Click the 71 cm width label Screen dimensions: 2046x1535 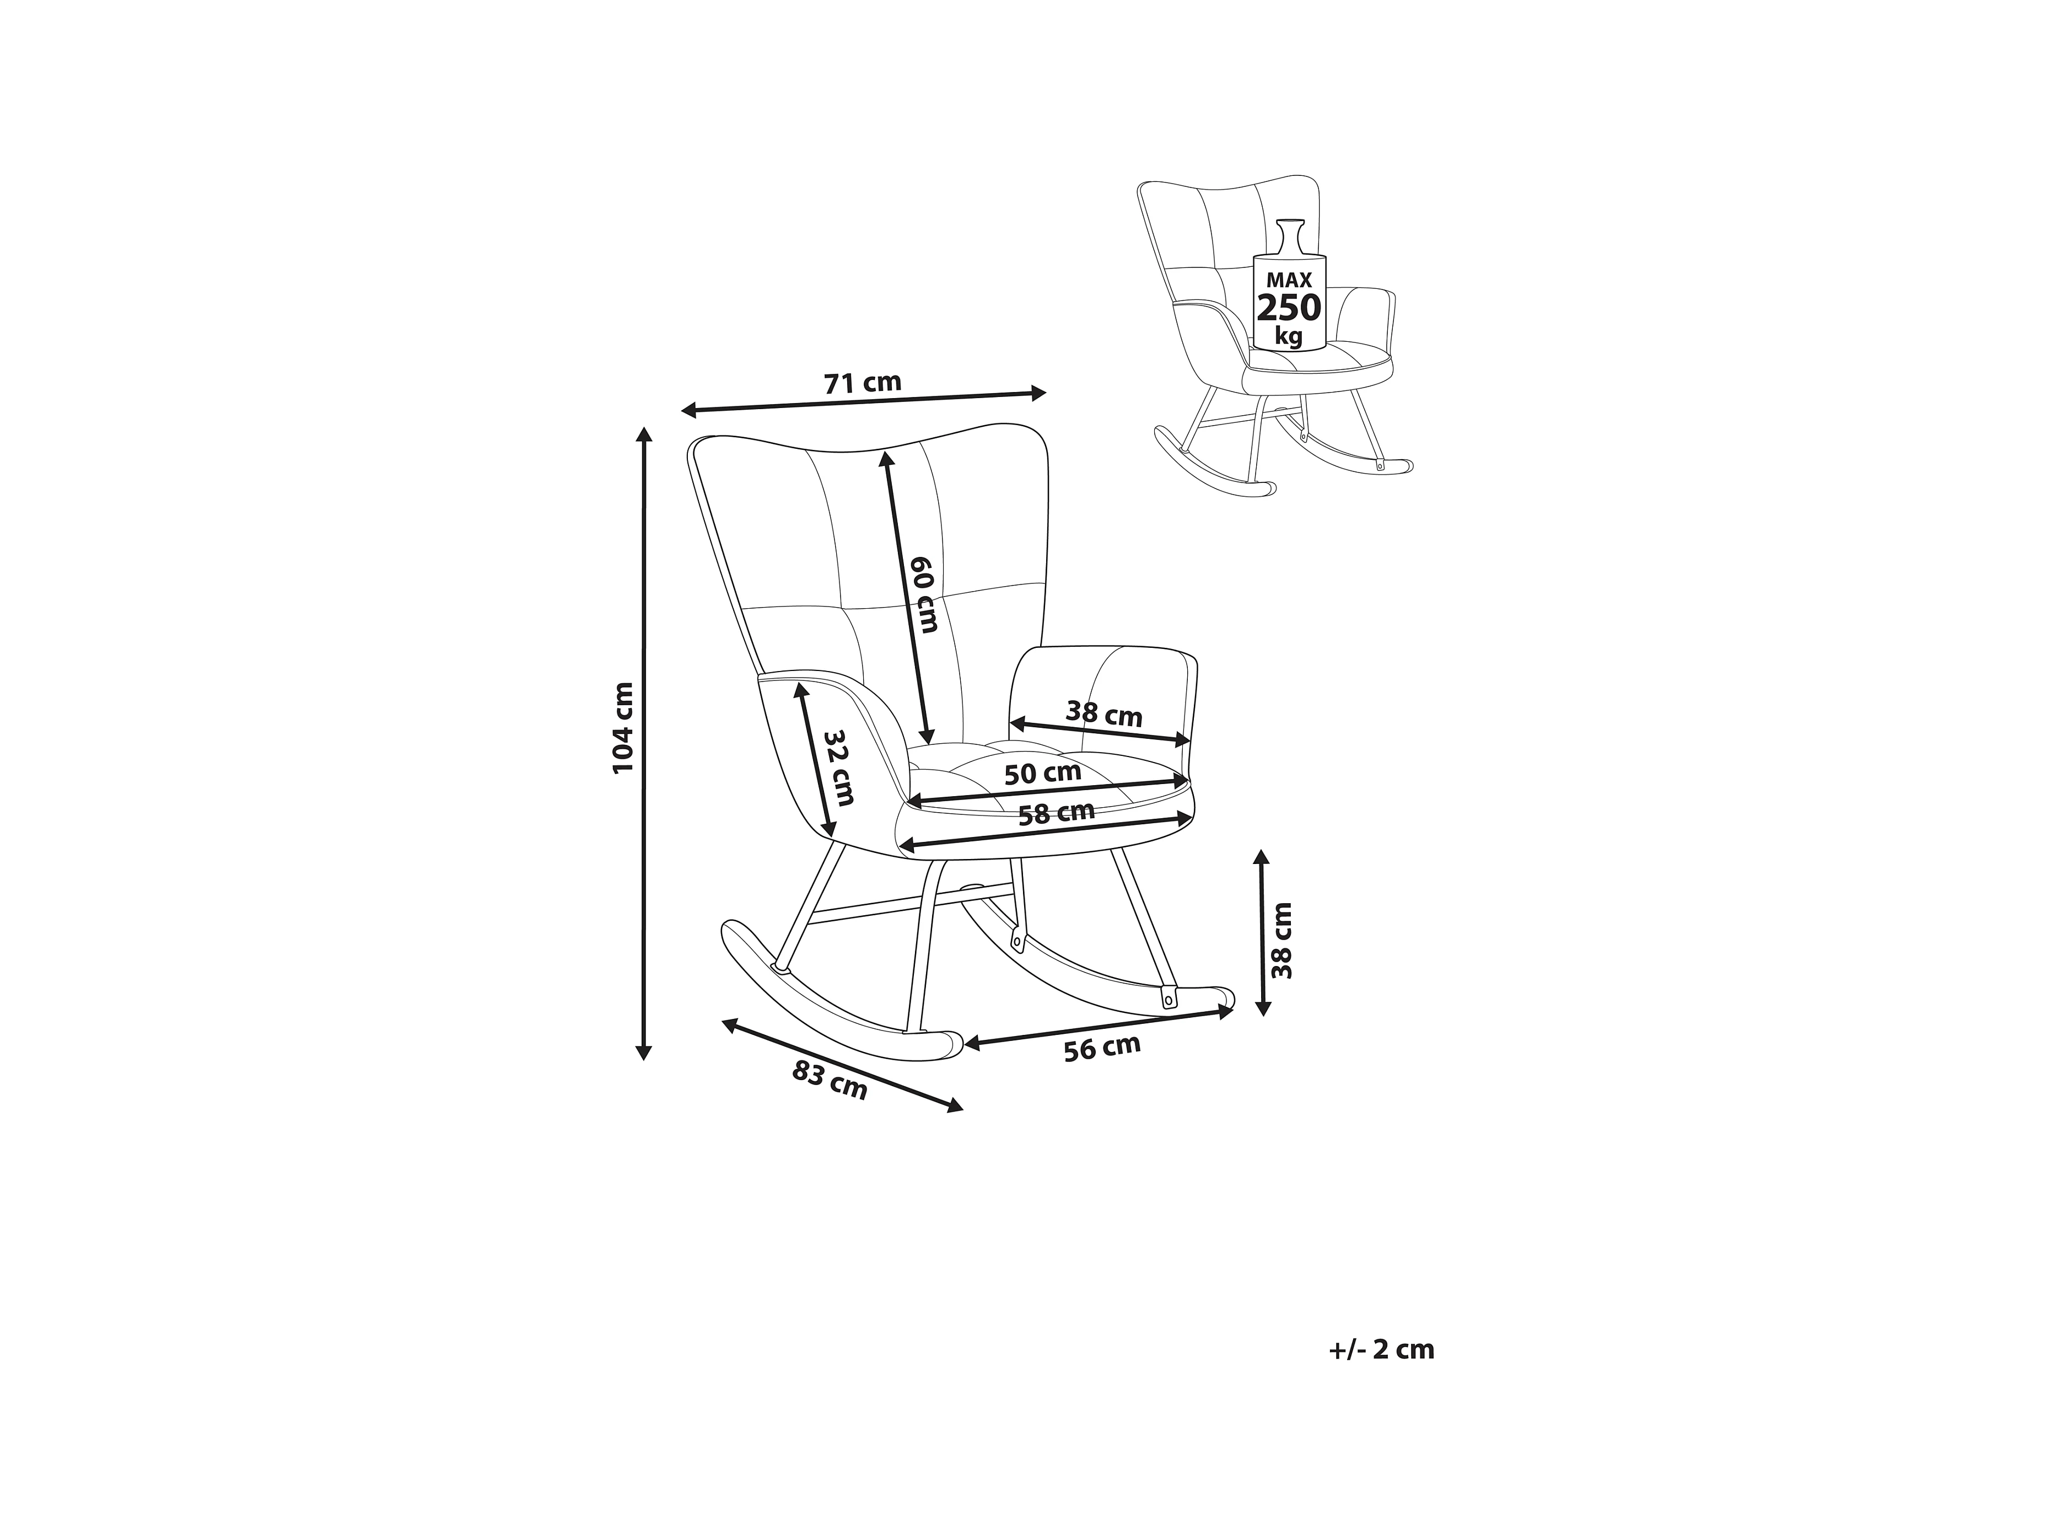862,382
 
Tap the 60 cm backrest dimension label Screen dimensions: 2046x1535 924,594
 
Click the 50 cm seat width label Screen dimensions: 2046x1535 1042,774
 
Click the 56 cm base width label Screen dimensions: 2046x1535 1102,1048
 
